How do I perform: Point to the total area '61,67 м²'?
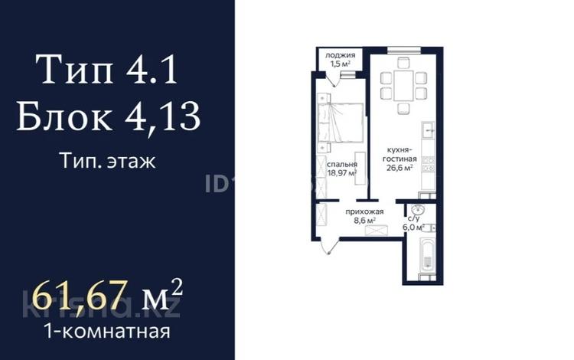[x=103, y=295]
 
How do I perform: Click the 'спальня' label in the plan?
[x=342, y=165]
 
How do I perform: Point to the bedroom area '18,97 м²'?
[x=342, y=174]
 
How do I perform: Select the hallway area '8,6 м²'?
[x=364, y=221]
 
